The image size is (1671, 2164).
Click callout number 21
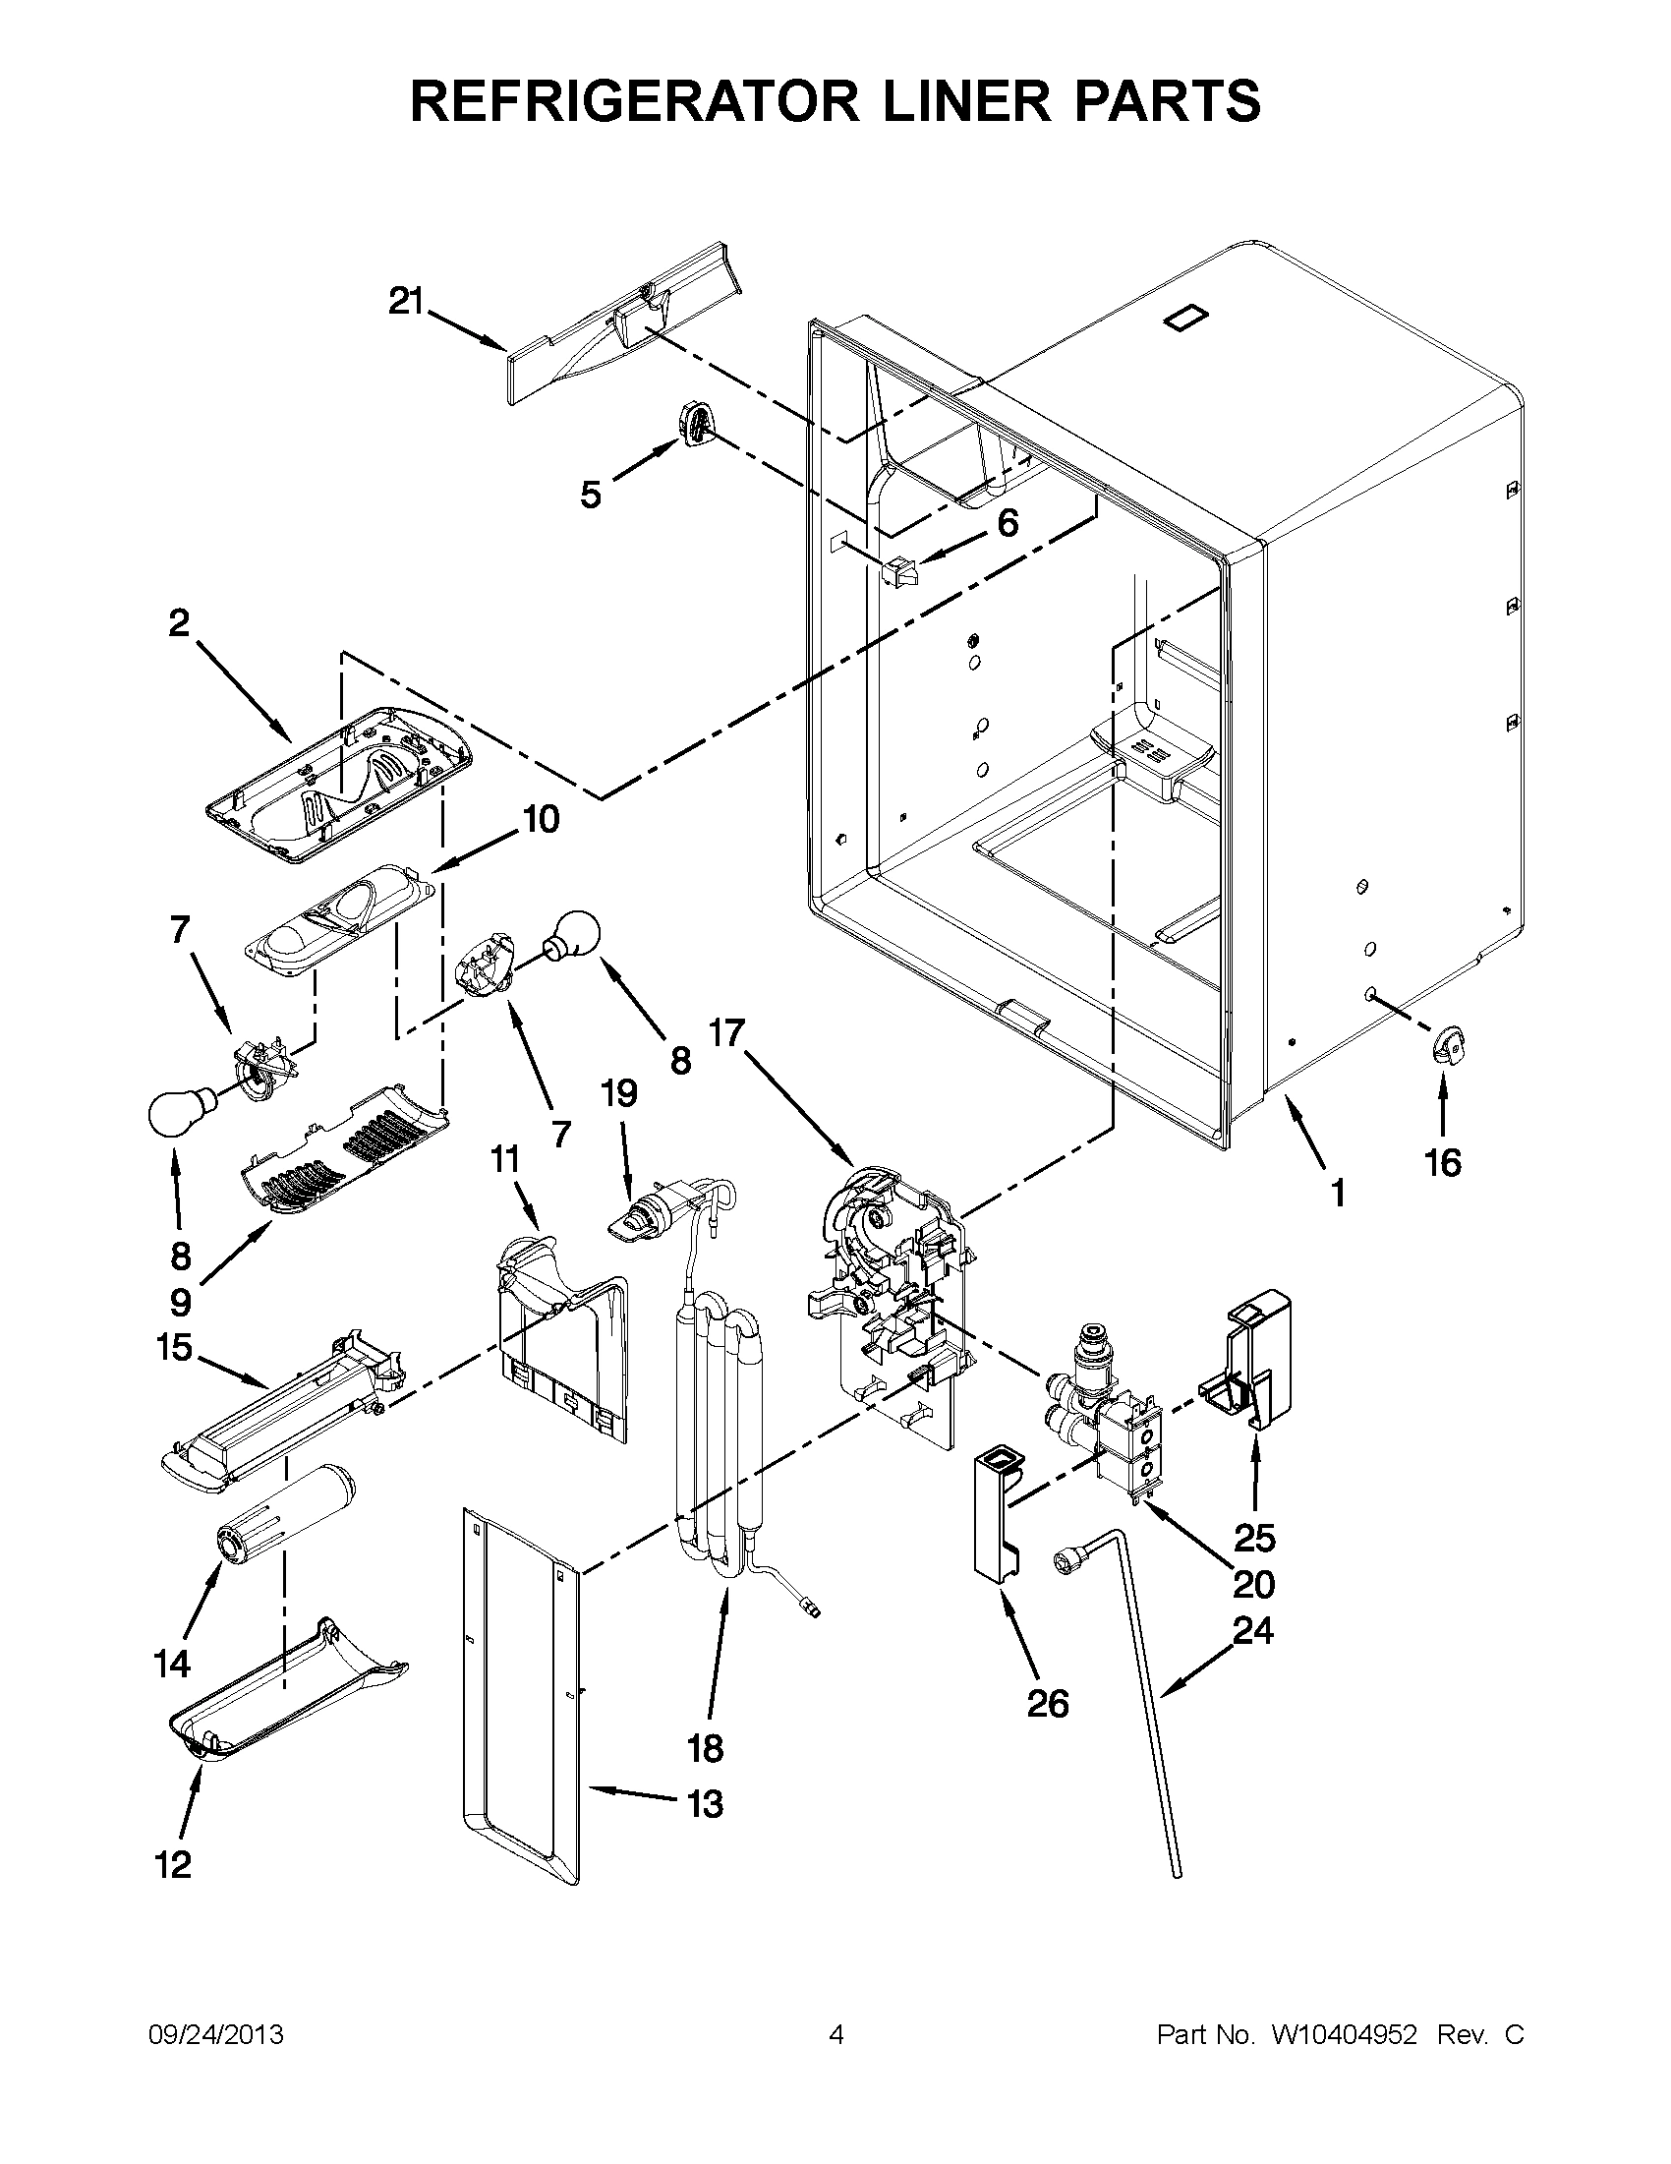click(x=405, y=300)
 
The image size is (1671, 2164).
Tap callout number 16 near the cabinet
click(x=1442, y=1162)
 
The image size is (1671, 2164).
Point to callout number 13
click(x=705, y=1804)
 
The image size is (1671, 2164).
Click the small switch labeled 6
click(x=898, y=571)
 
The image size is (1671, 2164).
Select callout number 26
click(x=1048, y=1703)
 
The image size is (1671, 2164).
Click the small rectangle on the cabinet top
click(x=1186, y=317)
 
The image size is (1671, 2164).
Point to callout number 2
click(x=178, y=623)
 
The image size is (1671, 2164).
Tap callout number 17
click(x=726, y=1034)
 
